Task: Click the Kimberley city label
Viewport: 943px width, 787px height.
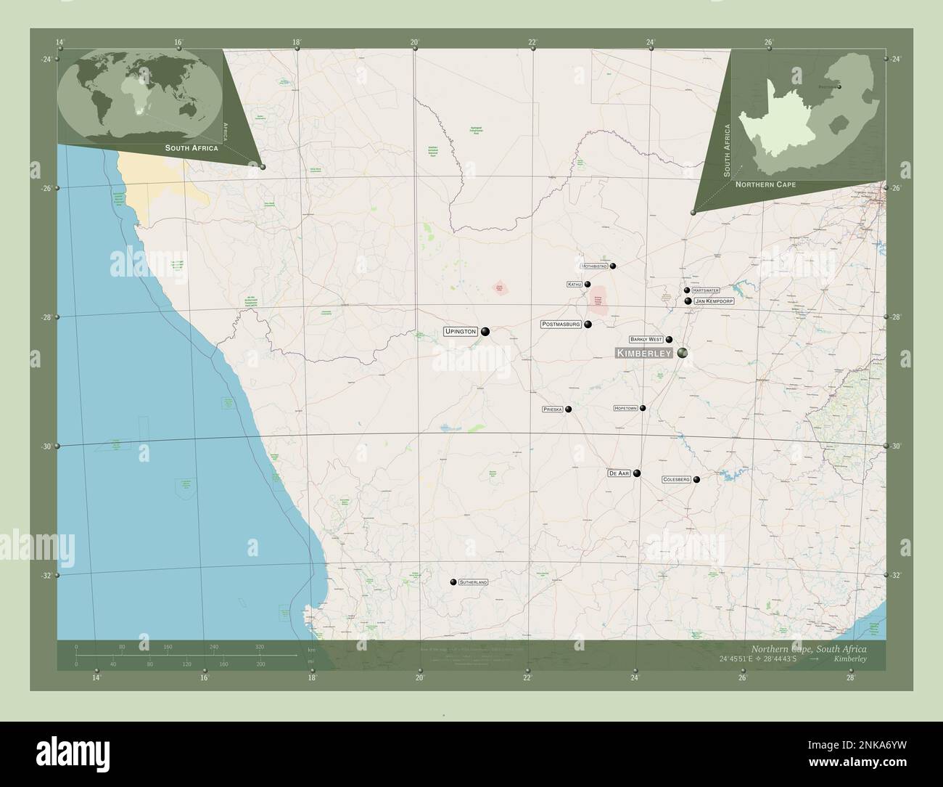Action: click(644, 353)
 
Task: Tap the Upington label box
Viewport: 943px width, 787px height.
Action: click(461, 332)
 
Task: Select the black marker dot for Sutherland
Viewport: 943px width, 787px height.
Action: click(453, 582)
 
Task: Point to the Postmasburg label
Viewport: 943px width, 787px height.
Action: click(561, 324)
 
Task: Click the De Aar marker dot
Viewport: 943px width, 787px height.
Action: click(637, 473)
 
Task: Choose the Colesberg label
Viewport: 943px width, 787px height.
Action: click(676, 480)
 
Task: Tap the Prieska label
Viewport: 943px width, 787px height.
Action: click(553, 409)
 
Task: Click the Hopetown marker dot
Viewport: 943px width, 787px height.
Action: click(643, 408)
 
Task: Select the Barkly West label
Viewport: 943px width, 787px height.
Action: click(646, 339)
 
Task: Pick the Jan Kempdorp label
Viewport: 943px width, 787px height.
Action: click(714, 301)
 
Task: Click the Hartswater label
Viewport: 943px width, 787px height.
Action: click(705, 290)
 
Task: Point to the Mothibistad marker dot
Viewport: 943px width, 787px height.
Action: click(613, 266)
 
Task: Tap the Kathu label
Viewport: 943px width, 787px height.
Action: click(575, 285)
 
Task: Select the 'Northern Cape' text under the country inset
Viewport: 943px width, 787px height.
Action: click(765, 185)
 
